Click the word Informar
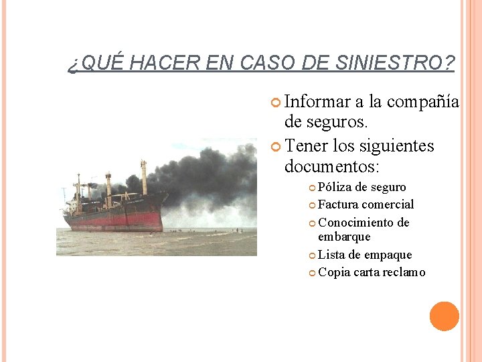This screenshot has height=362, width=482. coord(317,102)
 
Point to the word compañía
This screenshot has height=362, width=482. coord(423,102)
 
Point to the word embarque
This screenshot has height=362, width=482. coord(344,237)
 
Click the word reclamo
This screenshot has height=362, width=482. coord(404,272)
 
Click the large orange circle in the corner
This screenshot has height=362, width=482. coord(445,316)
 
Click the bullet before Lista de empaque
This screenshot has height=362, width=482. coord(312,255)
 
